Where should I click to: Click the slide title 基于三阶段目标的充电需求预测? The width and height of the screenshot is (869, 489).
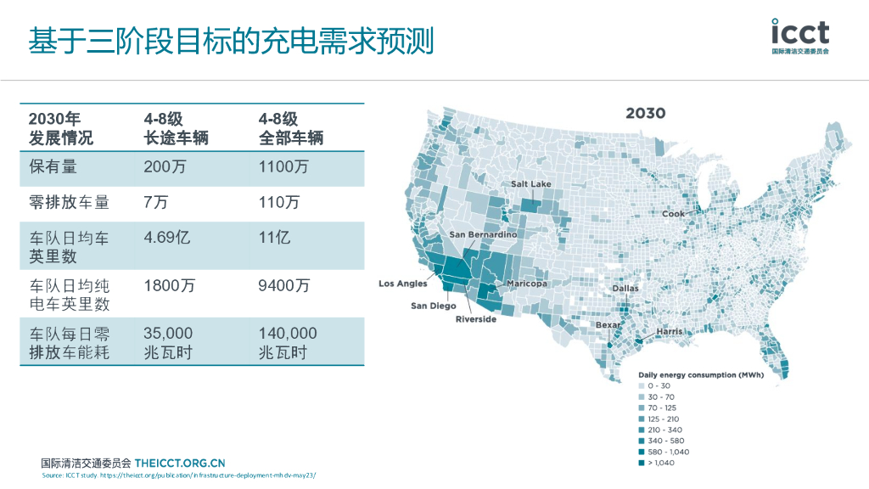tap(231, 40)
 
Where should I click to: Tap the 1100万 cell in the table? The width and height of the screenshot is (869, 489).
tap(283, 167)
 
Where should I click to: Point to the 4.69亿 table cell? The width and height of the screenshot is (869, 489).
tap(167, 237)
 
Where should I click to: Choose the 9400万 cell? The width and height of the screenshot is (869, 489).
tap(283, 285)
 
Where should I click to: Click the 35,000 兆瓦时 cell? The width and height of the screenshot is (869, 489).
tap(169, 342)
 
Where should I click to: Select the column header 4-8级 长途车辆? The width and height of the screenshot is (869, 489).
tap(176, 128)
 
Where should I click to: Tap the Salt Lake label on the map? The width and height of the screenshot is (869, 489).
tap(531, 184)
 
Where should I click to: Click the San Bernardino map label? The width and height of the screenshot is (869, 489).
tap(483, 234)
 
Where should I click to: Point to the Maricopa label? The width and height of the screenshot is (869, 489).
tap(527, 283)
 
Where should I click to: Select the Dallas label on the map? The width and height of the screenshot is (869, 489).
tap(625, 289)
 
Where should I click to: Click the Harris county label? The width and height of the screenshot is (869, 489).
tap(669, 331)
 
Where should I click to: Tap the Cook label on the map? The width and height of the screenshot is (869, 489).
tap(673, 214)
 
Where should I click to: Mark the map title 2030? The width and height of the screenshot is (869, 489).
tap(645, 114)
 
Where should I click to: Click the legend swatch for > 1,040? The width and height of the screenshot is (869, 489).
tap(641, 463)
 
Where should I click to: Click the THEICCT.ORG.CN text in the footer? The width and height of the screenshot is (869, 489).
tap(179, 463)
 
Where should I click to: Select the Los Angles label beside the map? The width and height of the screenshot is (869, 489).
tap(402, 284)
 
